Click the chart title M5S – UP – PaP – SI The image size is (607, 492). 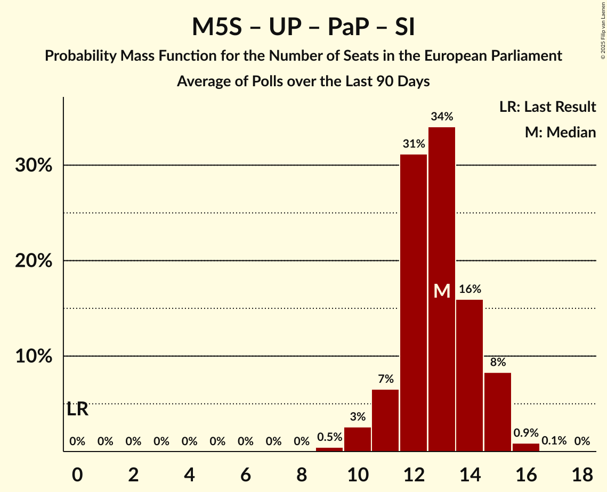pos(303,27)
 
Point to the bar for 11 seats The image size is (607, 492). pos(385,420)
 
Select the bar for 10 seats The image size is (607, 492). pos(358,439)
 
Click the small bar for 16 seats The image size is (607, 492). pos(525,447)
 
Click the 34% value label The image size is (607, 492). pos(442,117)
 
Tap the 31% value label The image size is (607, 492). pos(414,144)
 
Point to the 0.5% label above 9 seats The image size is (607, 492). pos(329,437)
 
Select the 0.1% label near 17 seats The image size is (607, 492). pos(554,441)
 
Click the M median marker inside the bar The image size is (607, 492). pos(442,291)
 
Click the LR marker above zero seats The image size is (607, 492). pos(78,410)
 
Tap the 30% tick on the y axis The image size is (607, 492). pos(34,166)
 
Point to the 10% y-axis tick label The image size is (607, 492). pos(34,356)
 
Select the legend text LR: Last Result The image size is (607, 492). pos(547,107)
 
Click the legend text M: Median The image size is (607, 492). pos(560,132)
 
